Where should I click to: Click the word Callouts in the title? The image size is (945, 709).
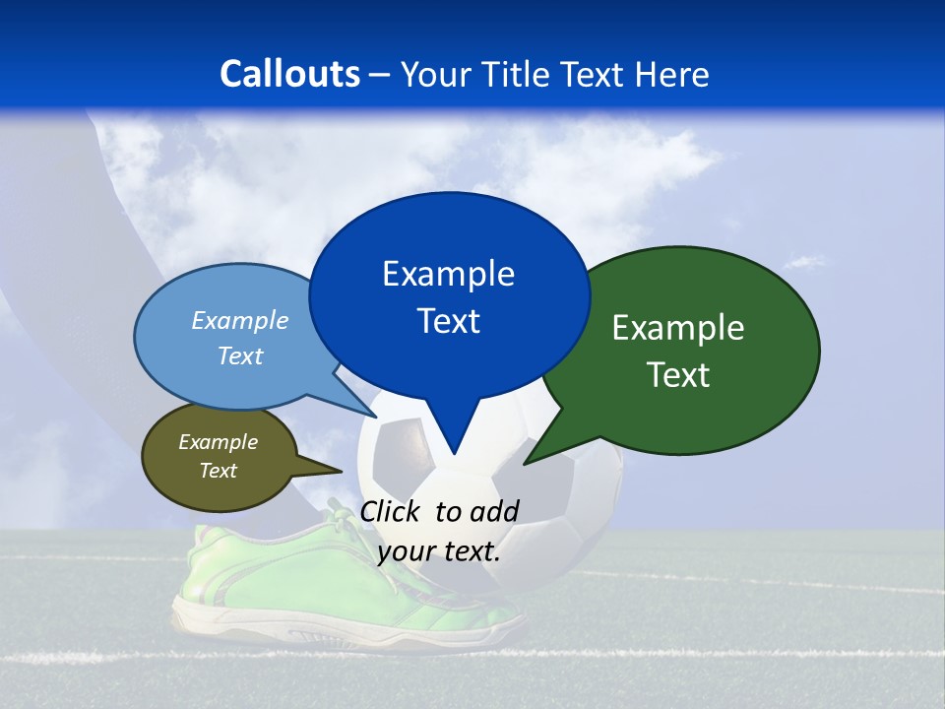pyautogui.click(x=289, y=74)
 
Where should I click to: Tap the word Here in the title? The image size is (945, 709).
pyautogui.click(x=671, y=74)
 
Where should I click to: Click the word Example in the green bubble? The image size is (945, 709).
pyautogui.click(x=678, y=328)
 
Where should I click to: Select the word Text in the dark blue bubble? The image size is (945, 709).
pyautogui.click(x=449, y=321)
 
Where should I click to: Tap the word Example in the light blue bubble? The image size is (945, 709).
pyautogui.click(x=240, y=320)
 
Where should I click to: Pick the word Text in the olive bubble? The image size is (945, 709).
pyautogui.click(x=219, y=471)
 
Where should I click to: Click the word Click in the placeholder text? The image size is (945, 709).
pyautogui.click(x=391, y=511)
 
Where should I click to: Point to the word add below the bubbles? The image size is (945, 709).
pyautogui.click(x=494, y=511)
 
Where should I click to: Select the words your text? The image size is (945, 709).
pyautogui.click(x=439, y=551)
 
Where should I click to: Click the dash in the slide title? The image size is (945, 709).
pyautogui.click(x=379, y=74)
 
